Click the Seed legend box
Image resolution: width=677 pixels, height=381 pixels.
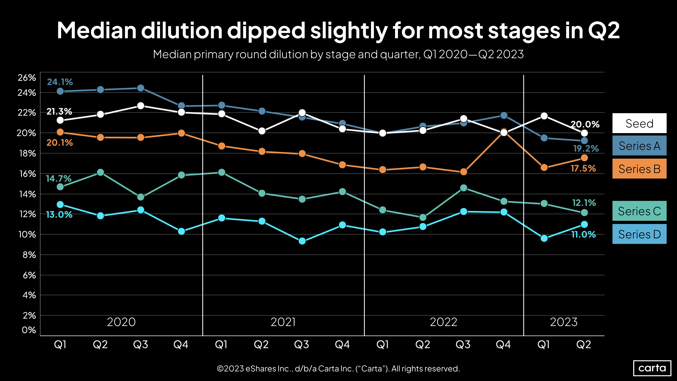639,123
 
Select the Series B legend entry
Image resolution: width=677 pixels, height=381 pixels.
639,169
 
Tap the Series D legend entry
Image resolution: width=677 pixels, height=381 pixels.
639,234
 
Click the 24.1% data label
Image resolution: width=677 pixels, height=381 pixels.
60,82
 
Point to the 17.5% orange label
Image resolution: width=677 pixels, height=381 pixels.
583,168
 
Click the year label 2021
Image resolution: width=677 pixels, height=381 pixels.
283,322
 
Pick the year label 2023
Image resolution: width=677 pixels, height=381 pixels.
564,322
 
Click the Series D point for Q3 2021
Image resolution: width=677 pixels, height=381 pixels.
302,241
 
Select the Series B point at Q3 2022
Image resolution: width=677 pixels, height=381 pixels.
464,172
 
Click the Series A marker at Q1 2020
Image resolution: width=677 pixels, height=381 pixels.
60,91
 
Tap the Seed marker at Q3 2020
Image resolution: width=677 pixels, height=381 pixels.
141,106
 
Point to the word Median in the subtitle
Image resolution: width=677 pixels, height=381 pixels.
172,54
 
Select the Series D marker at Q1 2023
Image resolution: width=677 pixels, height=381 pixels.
544,238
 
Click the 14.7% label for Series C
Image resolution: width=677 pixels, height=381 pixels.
59,179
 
